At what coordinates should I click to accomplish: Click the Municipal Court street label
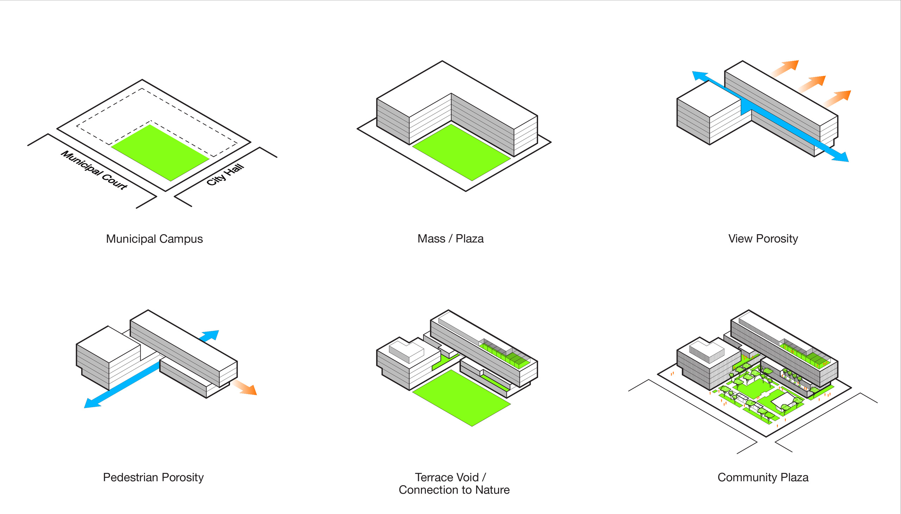pos(94,170)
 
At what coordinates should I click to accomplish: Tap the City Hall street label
pos(225,175)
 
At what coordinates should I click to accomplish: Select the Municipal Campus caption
pos(155,239)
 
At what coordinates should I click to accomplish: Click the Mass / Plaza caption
pos(450,239)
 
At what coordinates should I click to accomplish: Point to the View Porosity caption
pos(763,239)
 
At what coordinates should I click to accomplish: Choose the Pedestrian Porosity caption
pos(153,477)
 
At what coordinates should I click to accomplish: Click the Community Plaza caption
pos(763,477)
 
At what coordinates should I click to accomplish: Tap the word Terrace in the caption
pos(434,477)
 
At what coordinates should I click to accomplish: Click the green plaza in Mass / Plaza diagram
pos(461,153)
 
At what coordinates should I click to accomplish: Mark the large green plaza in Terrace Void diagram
pos(461,398)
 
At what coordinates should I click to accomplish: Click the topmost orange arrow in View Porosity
pos(786,68)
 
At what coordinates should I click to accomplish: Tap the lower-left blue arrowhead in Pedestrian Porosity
pos(93,403)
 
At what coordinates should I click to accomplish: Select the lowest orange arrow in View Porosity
pos(838,98)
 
